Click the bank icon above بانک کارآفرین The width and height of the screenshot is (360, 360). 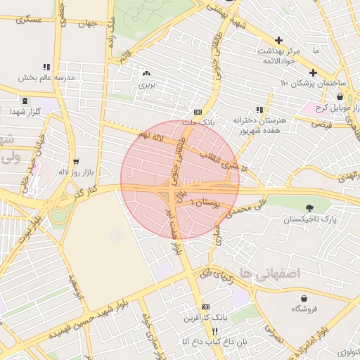(x=205, y=307)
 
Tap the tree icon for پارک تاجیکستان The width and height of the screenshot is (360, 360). (x=310, y=207)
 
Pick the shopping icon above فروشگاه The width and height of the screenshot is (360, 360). (x=304, y=298)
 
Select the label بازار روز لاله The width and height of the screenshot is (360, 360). (x=74, y=171)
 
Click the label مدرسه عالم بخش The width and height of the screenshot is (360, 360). (x=46, y=78)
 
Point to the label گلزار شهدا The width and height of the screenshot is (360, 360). (x=28, y=112)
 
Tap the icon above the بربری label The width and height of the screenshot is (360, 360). (x=146, y=74)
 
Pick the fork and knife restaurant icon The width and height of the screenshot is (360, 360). (x=215, y=330)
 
